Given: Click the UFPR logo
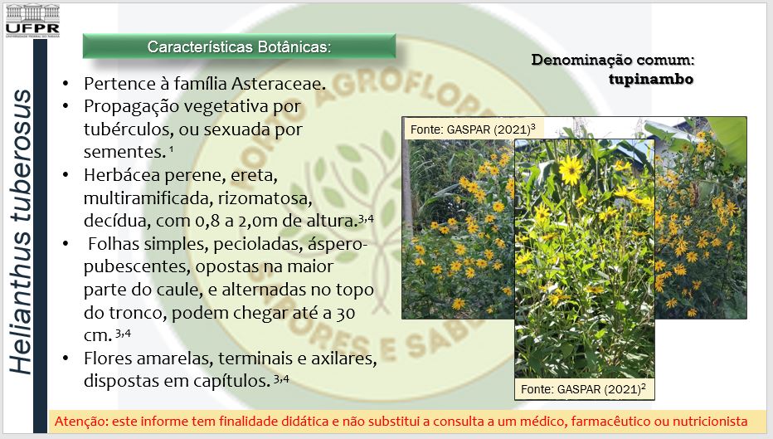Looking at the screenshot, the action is [32, 22].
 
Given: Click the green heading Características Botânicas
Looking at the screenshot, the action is [239, 46].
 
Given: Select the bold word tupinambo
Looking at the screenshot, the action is [651, 80].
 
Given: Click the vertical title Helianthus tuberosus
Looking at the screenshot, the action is [21, 232].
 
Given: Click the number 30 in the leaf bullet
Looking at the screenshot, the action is [344, 313].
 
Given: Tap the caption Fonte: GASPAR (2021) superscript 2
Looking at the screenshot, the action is [583, 388].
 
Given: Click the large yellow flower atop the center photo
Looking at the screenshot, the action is [571, 170].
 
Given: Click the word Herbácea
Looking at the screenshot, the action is [122, 175].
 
